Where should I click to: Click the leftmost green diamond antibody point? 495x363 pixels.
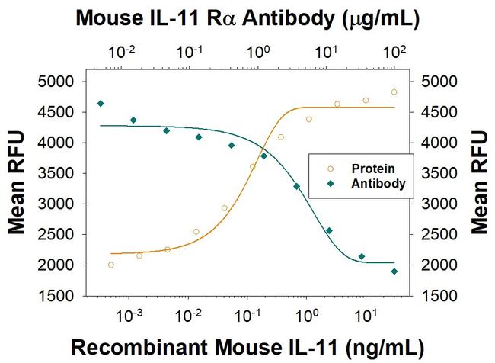pos(101,103)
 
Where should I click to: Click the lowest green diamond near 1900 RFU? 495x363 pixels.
pos(394,271)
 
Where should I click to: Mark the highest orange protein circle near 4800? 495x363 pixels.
pos(394,92)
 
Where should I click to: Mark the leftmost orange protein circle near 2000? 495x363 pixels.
pos(111,265)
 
